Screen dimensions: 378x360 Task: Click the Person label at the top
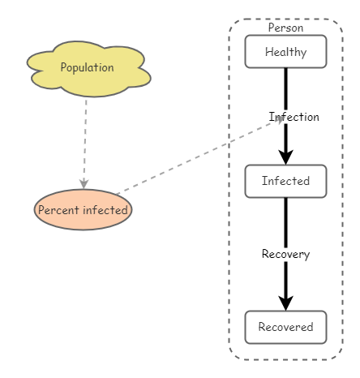pos(285,28)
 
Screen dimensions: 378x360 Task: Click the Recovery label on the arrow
pos(285,254)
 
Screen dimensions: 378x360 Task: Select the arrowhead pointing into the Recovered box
pos(285,302)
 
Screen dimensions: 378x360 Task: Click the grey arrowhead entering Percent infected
pos(84,184)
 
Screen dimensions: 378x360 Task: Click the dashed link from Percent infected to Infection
pos(195,157)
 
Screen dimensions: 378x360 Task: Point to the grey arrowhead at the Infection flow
pos(280,119)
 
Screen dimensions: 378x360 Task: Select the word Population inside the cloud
pos(87,67)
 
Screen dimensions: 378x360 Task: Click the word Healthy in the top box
pos(285,52)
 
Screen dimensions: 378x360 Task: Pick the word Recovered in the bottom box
pos(285,327)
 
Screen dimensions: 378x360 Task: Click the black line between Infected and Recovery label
pos(285,221)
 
